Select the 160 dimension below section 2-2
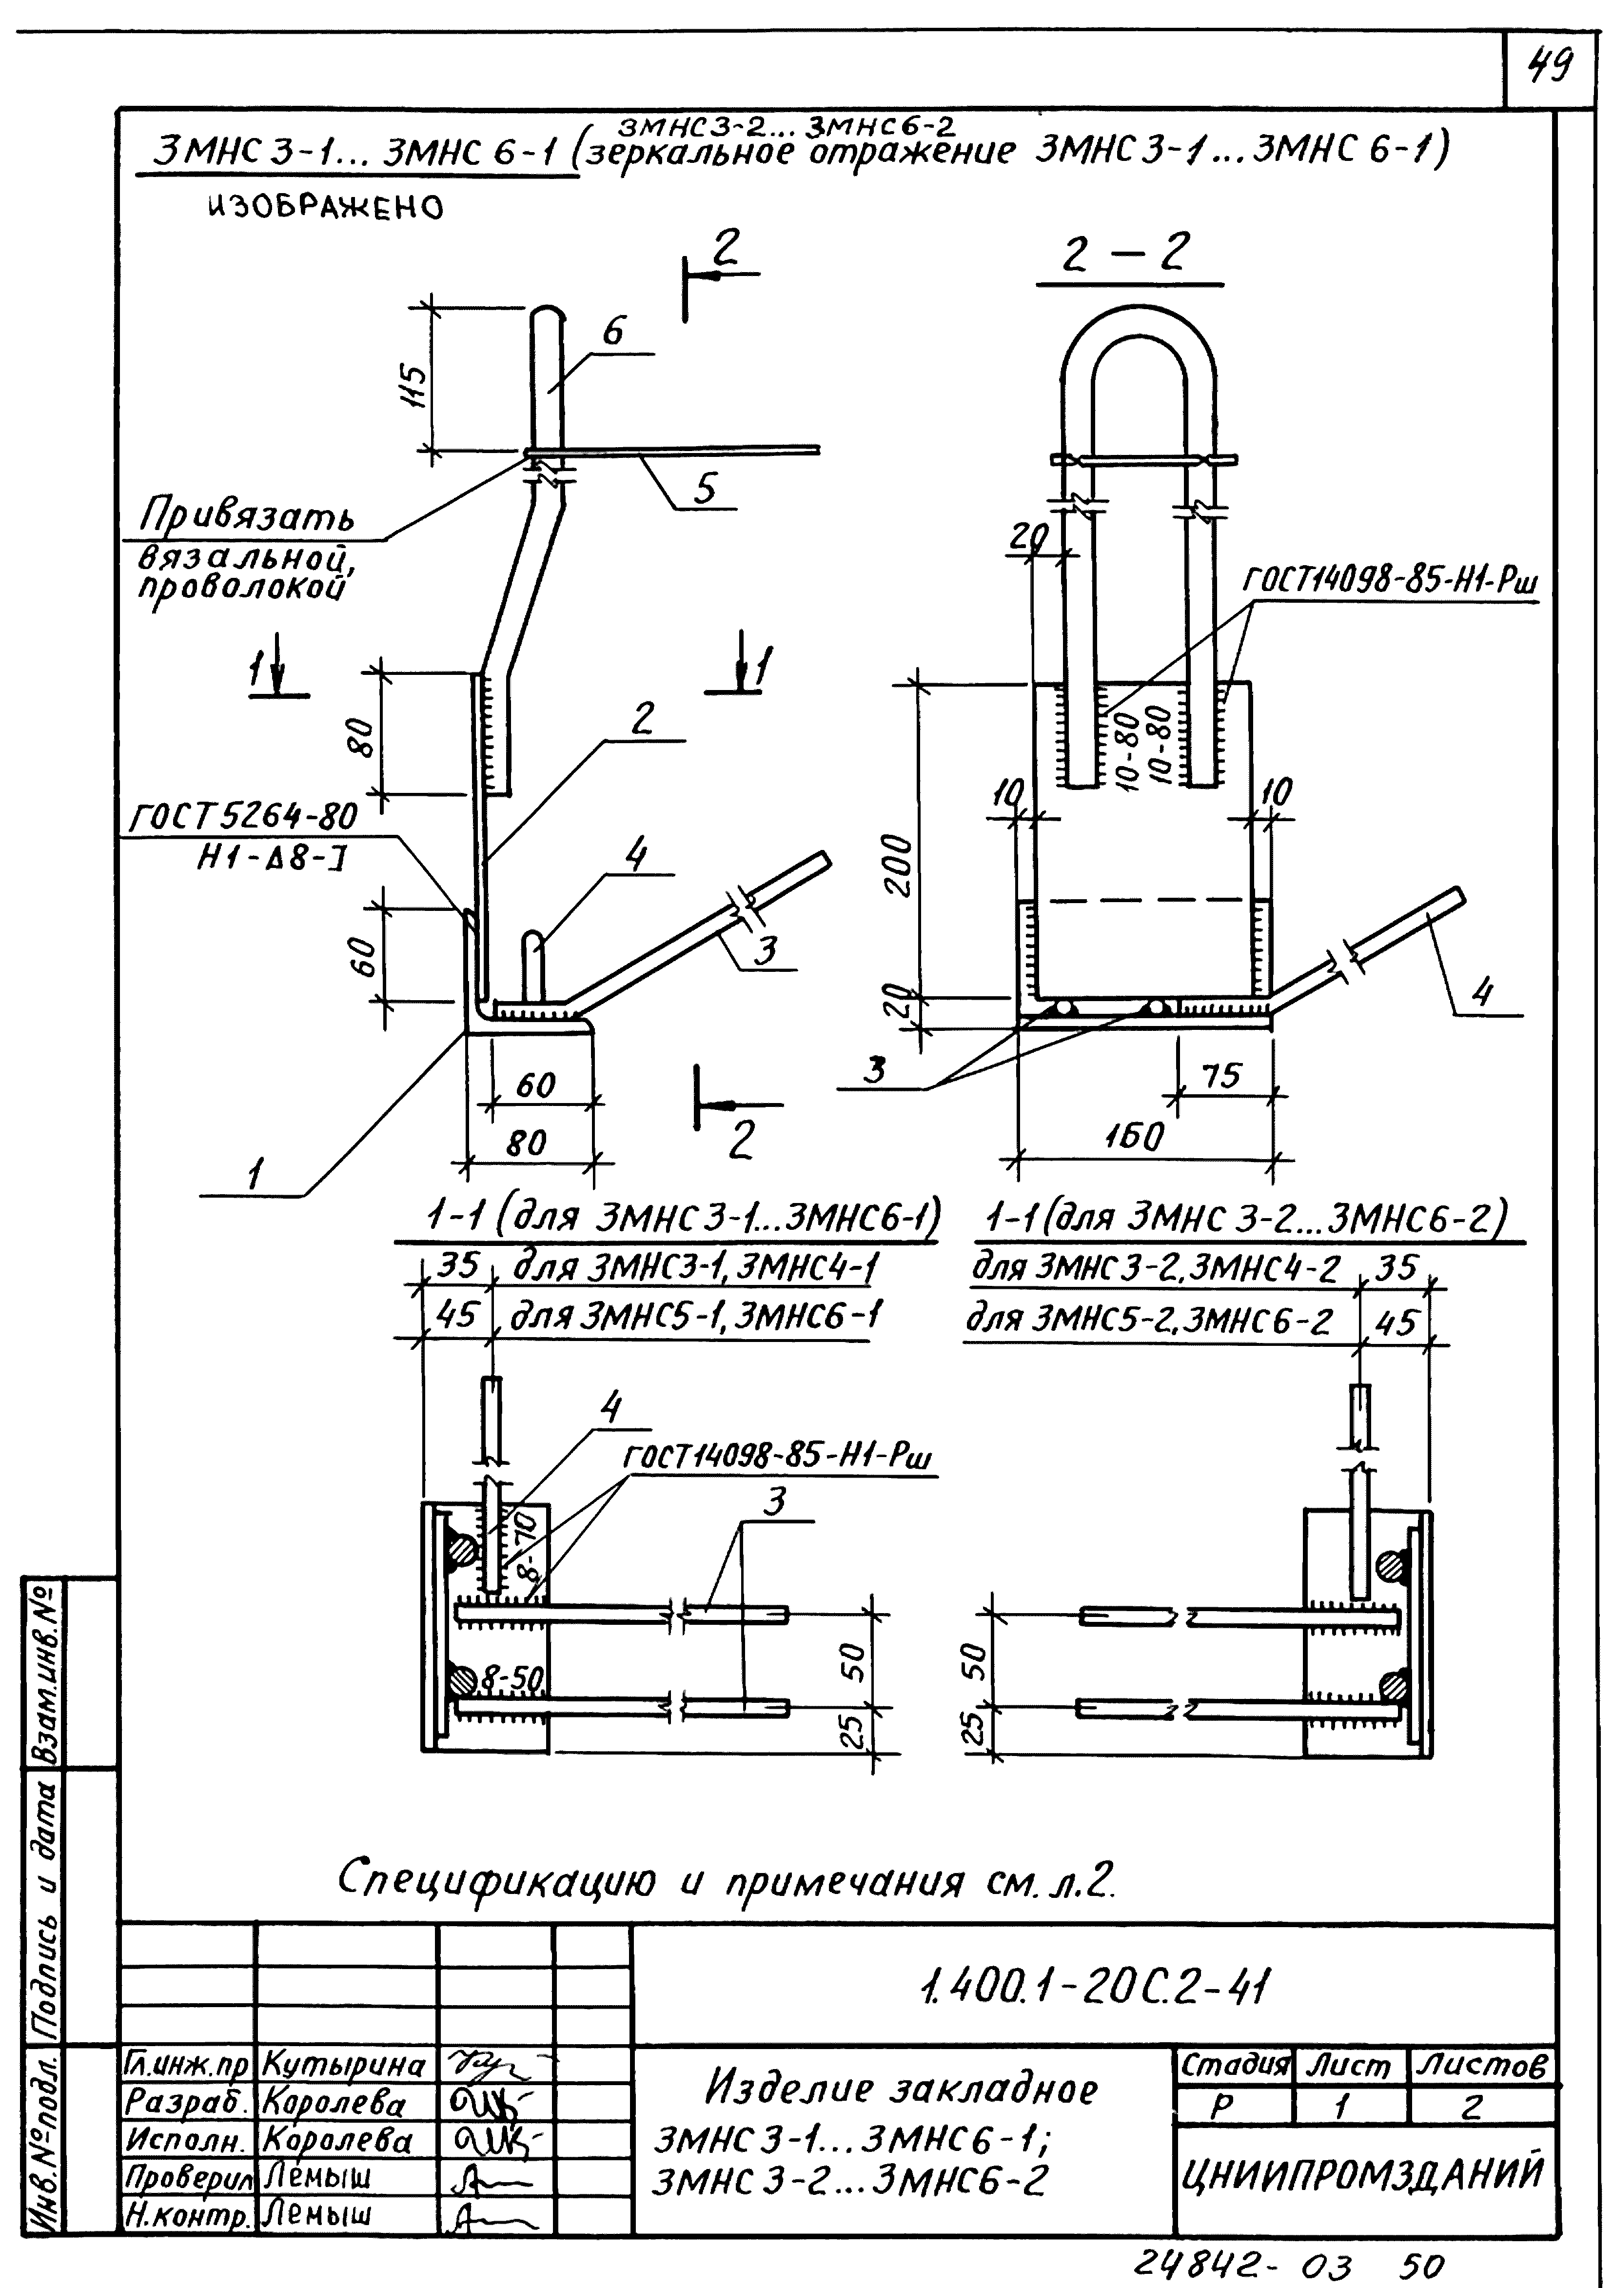click(1134, 1136)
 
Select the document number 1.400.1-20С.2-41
click(1093, 1989)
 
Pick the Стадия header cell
click(1234, 2066)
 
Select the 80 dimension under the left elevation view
click(526, 1142)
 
